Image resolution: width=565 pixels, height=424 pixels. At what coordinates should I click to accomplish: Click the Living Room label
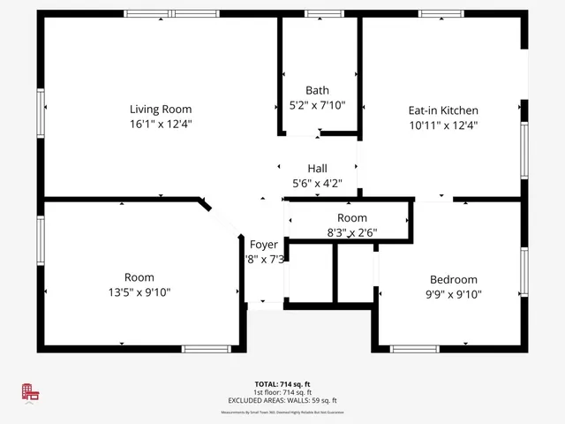(x=161, y=110)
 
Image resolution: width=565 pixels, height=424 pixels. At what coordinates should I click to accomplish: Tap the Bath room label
(x=317, y=90)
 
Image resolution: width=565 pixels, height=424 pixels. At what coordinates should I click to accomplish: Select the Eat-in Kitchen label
(x=443, y=110)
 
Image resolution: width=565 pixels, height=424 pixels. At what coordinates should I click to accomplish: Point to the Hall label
(x=318, y=169)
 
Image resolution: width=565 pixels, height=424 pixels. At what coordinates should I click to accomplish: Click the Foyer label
(x=264, y=245)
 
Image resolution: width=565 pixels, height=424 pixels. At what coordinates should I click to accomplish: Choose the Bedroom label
(x=454, y=279)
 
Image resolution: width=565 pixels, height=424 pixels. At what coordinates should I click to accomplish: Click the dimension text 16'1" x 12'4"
(x=161, y=125)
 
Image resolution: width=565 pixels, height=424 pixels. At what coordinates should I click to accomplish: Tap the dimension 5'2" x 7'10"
(x=317, y=105)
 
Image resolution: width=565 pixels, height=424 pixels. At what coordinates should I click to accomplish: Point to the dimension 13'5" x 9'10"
(x=139, y=292)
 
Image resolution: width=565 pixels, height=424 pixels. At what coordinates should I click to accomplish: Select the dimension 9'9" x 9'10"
(x=454, y=294)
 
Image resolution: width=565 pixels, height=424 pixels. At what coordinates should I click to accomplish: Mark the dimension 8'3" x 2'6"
(x=351, y=233)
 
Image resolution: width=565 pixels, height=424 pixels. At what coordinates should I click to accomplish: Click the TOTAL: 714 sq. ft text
(x=282, y=384)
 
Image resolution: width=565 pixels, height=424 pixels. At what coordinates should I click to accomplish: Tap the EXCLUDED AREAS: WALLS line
(x=282, y=400)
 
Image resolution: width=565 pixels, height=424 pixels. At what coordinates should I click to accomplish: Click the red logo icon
(x=31, y=393)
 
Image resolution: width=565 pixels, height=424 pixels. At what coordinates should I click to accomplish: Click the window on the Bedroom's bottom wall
(x=415, y=348)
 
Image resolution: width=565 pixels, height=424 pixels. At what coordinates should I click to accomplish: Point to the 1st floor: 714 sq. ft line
(x=282, y=392)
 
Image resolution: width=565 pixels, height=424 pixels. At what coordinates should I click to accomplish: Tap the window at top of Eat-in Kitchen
(x=441, y=14)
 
